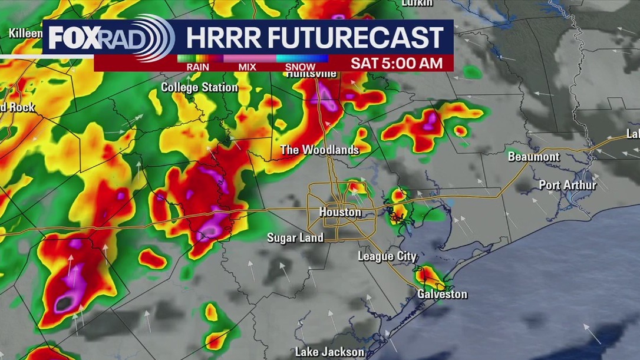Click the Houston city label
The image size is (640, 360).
point(340,212)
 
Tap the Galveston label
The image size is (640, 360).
point(442,294)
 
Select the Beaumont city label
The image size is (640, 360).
point(533,157)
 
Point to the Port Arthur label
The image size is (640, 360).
point(568,185)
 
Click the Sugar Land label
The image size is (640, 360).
point(295,238)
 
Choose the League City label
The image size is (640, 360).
point(387,256)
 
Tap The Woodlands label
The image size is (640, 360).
point(319,150)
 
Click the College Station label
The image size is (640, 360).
point(199,88)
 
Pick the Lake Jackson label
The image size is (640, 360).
point(329,352)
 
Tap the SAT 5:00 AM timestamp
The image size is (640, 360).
point(397,64)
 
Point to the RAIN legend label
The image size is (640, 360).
point(198,67)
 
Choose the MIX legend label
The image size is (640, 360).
point(247,67)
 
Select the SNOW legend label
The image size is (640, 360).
point(300,67)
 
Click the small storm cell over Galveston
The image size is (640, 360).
point(428,276)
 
